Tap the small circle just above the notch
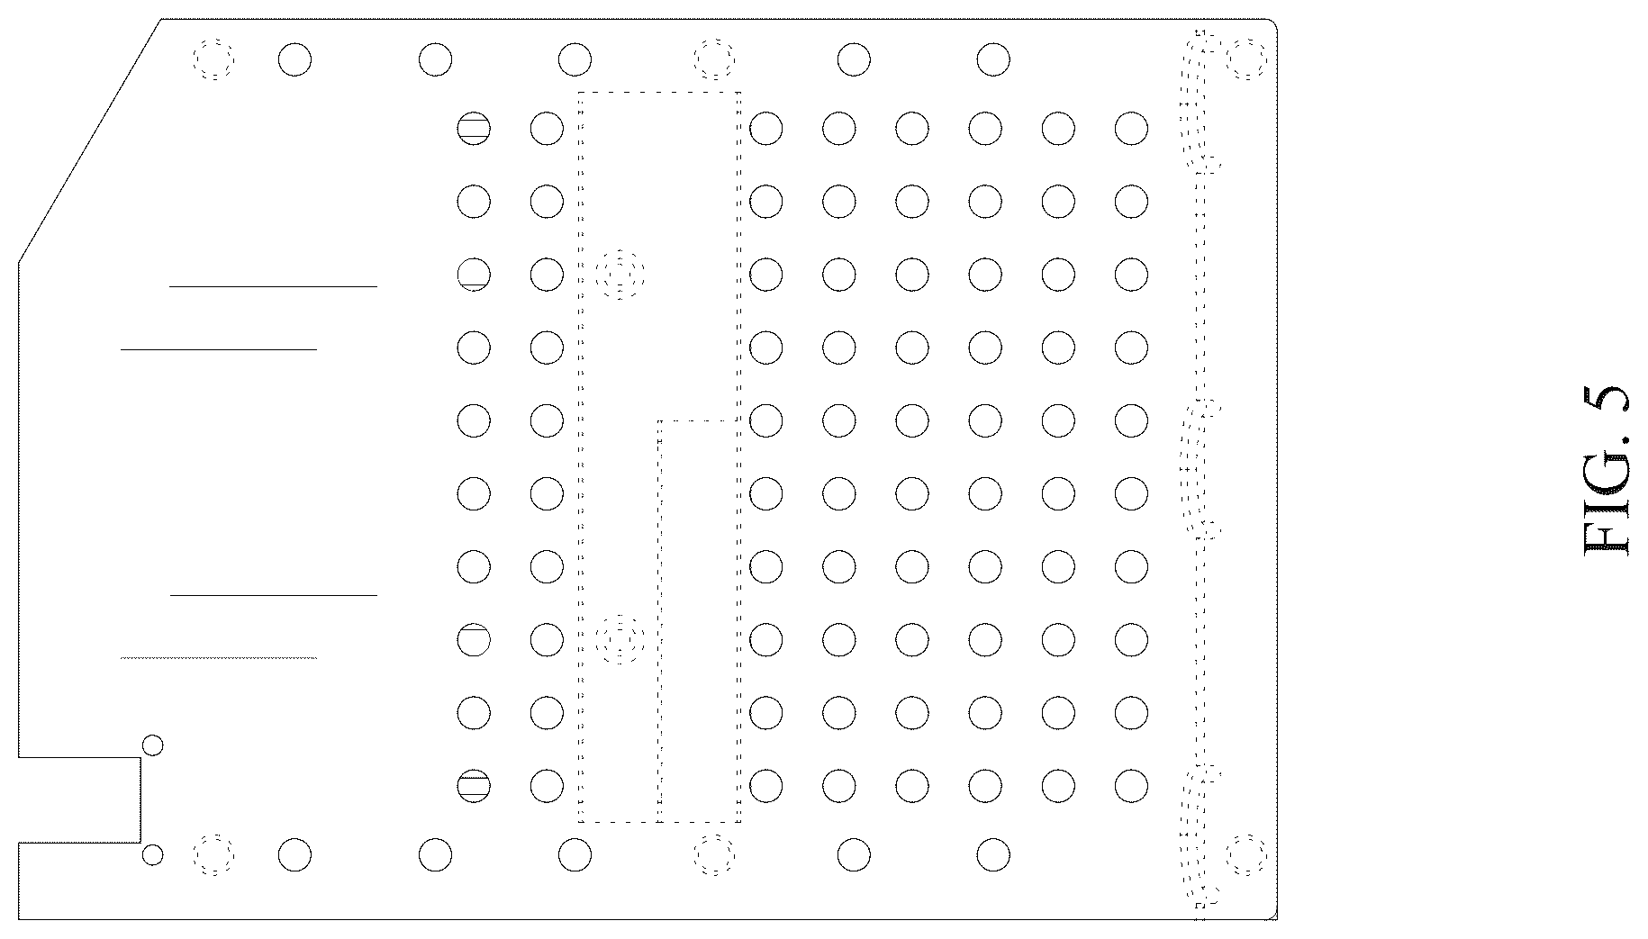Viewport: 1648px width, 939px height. tap(153, 745)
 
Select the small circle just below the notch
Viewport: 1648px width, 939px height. tap(153, 854)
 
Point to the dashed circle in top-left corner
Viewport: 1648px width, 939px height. tap(214, 60)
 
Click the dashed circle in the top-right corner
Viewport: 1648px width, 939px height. tap(1246, 59)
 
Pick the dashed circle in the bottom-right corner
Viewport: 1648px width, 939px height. tap(1246, 854)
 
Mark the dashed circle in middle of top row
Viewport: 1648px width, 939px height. tap(714, 59)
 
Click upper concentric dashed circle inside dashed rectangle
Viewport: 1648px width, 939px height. tap(620, 274)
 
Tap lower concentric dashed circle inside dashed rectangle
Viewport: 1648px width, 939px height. tap(620, 640)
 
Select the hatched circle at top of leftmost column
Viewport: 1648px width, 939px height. tap(474, 129)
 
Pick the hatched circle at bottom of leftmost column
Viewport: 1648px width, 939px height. tap(474, 786)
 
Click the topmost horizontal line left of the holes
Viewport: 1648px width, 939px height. tap(273, 286)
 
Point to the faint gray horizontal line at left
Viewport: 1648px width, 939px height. tap(219, 658)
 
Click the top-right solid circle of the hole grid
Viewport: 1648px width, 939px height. tap(1131, 129)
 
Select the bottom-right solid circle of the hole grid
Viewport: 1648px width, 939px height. tap(1131, 786)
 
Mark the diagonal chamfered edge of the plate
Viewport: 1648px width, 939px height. tap(90, 140)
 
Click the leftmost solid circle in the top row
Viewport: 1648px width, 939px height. tap(294, 60)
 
